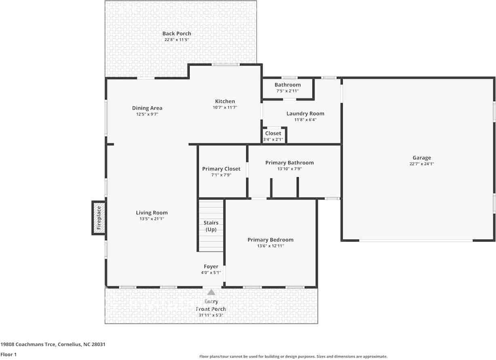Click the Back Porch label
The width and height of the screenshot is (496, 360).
[x=177, y=34]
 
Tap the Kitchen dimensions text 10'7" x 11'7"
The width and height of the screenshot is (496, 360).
[x=225, y=108]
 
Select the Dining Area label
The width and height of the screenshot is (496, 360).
[x=147, y=108]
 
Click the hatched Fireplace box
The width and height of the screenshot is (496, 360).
[x=99, y=218]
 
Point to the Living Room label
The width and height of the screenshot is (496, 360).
[x=152, y=213]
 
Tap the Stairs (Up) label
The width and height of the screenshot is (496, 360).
[x=211, y=226]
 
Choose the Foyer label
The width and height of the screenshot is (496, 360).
[x=211, y=267]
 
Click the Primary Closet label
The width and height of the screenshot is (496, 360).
[x=221, y=169]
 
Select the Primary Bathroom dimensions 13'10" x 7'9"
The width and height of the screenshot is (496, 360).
[x=289, y=169]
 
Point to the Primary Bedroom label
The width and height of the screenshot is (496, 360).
[x=270, y=240]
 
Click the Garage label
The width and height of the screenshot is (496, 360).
[x=422, y=158]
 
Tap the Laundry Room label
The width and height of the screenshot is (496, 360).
[x=305, y=114]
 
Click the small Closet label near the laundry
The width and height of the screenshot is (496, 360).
[x=273, y=133]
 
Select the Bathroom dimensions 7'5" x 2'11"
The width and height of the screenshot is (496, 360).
[x=288, y=91]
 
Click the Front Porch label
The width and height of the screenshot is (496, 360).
[x=211, y=309]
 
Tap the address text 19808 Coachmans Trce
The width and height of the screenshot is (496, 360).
[x=28, y=345]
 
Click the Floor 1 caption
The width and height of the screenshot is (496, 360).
[x=8, y=354]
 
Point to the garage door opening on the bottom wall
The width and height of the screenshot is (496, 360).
[x=416, y=240]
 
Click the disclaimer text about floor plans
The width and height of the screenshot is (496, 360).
[x=293, y=356]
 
